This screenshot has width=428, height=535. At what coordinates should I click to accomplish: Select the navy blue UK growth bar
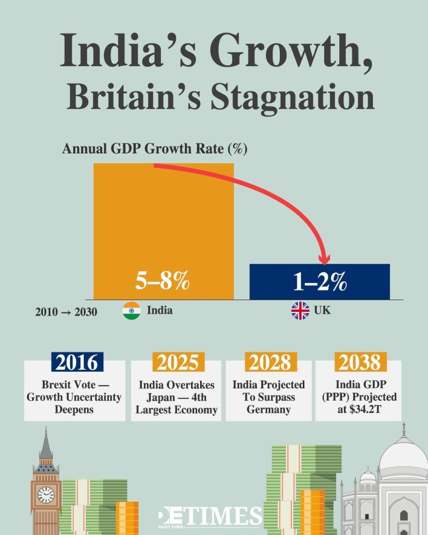[x=319, y=281]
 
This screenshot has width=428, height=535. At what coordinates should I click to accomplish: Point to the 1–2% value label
[x=320, y=282]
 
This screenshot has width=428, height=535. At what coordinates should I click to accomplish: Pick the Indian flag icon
[x=131, y=311]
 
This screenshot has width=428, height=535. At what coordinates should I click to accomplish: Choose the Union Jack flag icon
[x=300, y=310]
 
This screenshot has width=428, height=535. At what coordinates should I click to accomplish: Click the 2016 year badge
[x=77, y=362]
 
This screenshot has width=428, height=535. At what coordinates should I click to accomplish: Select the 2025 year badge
[x=178, y=362]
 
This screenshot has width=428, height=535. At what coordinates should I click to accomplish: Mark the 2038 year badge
[x=358, y=362]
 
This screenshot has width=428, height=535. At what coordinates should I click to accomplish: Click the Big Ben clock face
[x=46, y=494]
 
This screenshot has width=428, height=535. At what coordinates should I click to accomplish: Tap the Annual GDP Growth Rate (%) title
[x=154, y=149]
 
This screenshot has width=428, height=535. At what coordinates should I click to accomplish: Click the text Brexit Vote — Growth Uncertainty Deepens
[x=74, y=398]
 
